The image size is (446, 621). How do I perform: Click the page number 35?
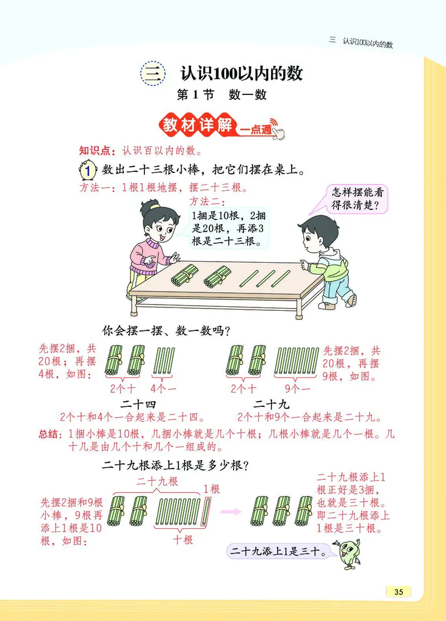click(x=398, y=592)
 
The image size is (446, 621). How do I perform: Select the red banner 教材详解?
click(x=197, y=125)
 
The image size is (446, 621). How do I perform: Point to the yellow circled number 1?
click(x=88, y=170)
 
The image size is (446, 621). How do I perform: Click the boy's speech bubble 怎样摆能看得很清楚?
click(x=358, y=199)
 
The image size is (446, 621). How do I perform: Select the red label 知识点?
click(x=98, y=150)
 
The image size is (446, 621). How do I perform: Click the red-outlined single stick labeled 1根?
click(x=209, y=511)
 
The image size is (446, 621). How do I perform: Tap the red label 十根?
click(x=183, y=540)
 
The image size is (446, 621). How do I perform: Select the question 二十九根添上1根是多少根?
click(x=176, y=465)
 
